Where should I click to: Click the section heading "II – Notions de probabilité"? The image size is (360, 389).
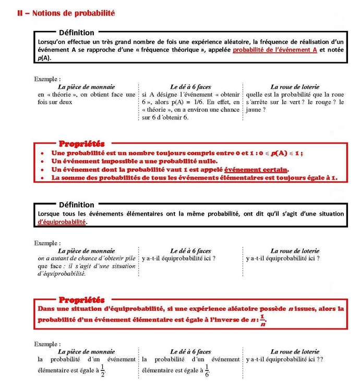click(x=66, y=13)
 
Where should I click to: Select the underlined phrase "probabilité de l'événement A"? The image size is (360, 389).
click(x=275, y=50)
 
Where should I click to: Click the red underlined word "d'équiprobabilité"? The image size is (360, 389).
click(x=62, y=221)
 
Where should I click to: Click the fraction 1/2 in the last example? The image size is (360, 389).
click(x=102, y=371)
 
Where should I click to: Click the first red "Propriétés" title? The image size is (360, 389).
click(x=82, y=143)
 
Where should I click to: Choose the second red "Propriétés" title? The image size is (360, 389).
click(x=82, y=300)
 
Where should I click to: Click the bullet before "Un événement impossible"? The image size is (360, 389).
click(x=42, y=161)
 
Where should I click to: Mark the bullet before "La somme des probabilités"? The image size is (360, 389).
click(x=42, y=178)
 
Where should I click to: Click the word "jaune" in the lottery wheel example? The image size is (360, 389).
click(x=254, y=110)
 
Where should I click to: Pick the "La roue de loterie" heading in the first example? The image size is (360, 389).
click(x=295, y=87)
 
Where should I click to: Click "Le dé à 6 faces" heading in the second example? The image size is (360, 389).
click(x=190, y=251)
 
